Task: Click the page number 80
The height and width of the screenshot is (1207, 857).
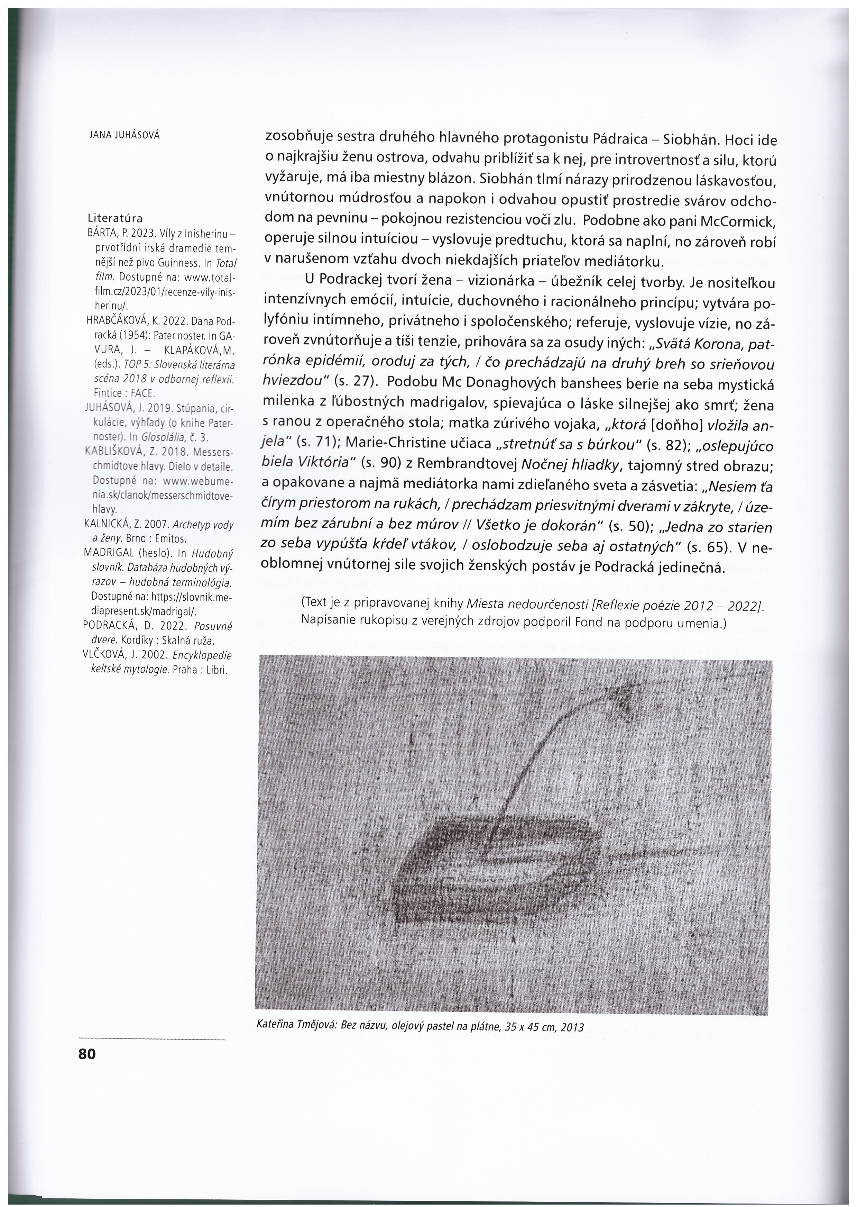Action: click(87, 1054)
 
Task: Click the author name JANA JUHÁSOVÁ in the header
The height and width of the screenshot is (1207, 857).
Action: click(124, 135)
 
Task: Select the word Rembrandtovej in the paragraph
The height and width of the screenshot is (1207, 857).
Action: click(464, 464)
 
